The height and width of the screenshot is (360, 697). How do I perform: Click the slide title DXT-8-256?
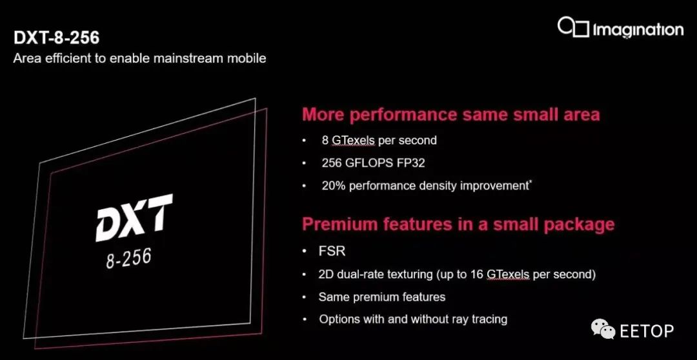click(56, 38)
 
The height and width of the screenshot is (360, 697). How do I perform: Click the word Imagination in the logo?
click(638, 30)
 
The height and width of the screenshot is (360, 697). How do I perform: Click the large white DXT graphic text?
click(134, 217)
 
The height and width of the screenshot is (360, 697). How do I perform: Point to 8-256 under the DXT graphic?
click(128, 258)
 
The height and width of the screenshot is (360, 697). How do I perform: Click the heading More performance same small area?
click(450, 115)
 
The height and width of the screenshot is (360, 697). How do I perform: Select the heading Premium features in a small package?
click(458, 225)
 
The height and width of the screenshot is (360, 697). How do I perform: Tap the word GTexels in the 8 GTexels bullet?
click(354, 141)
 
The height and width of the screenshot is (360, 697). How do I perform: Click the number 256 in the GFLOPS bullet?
click(332, 163)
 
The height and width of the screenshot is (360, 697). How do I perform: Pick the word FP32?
click(409, 163)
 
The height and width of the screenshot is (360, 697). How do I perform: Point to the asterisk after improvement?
click(529, 182)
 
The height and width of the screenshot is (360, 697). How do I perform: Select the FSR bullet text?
click(332, 251)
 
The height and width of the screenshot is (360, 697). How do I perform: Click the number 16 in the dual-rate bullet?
click(476, 274)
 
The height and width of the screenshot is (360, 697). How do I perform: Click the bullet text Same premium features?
click(382, 297)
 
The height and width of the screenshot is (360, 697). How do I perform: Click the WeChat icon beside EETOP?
click(603, 330)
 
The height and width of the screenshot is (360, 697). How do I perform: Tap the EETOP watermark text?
click(647, 331)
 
